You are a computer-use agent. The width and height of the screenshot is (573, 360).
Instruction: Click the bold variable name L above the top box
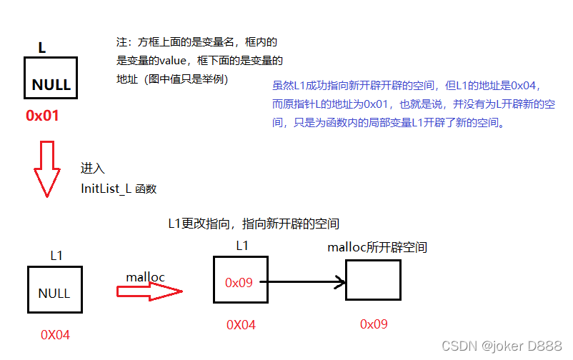pos(42,48)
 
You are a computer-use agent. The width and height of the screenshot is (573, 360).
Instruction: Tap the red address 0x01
pos(42,115)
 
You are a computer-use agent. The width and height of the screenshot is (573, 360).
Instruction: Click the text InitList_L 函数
pos(119,189)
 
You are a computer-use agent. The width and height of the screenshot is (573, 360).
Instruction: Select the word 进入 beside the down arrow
pos(93,169)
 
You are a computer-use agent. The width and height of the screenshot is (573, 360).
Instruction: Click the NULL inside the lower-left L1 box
pos(54,294)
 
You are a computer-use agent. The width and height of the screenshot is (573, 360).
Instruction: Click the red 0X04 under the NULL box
pos(56,334)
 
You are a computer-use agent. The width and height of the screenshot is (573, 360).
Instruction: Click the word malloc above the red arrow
pos(146,277)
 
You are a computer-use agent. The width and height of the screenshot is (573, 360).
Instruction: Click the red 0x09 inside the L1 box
pos(239,283)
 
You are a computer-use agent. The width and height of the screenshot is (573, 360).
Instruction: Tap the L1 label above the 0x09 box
pos(243,246)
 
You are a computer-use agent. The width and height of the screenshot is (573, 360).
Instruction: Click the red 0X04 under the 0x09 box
pos(241,325)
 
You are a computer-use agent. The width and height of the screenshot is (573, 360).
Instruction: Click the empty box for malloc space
pos(372,280)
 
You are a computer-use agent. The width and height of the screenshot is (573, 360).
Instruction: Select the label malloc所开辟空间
pos(377,248)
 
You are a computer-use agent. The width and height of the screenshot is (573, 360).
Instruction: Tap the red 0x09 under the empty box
pos(374,324)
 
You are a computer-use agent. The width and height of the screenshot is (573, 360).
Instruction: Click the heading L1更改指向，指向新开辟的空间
pos(253,224)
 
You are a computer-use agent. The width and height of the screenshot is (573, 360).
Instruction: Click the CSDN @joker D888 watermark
pos(502,346)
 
